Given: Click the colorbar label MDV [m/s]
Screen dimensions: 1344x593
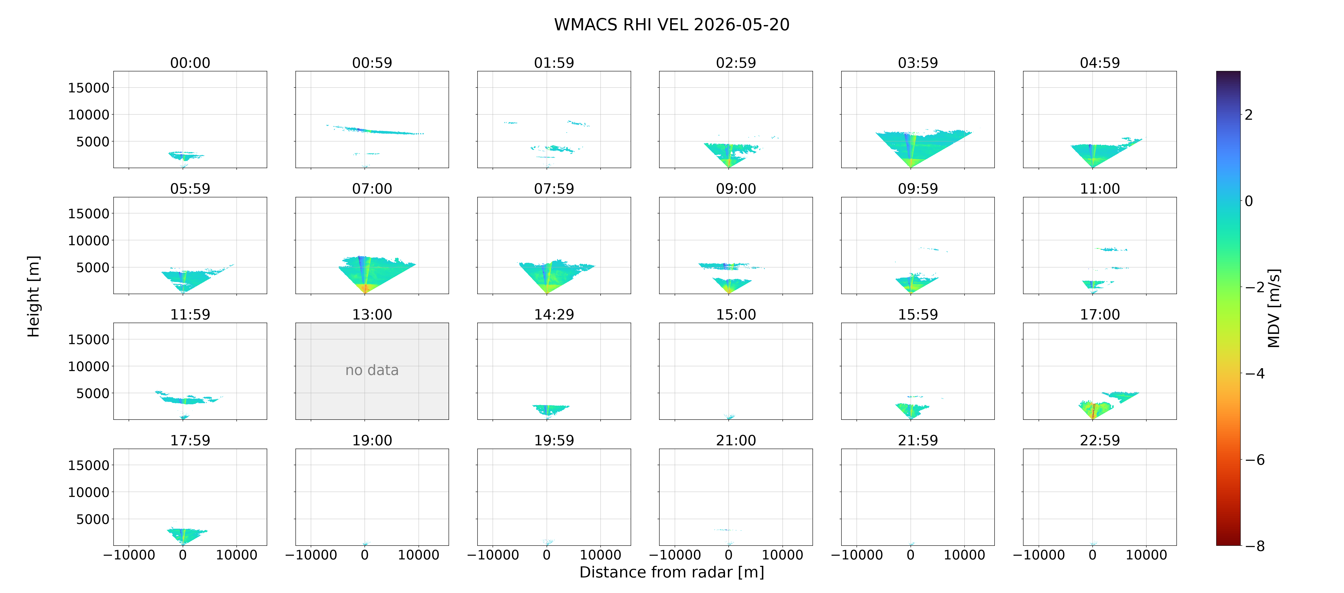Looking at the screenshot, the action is point(1274,308).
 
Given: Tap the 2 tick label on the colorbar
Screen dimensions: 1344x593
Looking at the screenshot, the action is point(1249,115).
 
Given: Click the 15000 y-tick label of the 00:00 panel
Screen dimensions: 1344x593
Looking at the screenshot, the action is point(89,88).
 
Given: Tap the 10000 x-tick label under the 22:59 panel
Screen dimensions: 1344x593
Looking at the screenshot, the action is point(1146,555).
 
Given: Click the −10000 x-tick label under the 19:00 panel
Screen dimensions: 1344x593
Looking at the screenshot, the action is point(311,555).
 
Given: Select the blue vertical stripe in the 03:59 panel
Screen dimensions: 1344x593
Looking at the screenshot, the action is point(909,146).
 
